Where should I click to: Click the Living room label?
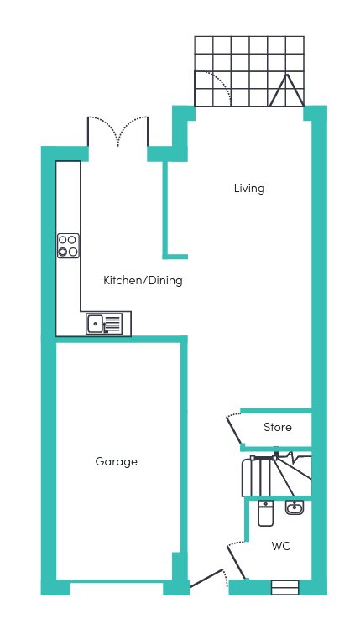(249, 188)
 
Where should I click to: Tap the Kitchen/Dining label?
(143, 280)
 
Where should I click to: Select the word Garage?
(117, 462)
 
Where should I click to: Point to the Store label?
(277, 427)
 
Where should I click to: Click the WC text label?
(280, 546)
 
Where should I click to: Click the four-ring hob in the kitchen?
(68, 246)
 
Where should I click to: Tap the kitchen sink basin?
(95, 324)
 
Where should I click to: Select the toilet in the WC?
(265, 512)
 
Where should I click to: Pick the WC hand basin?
(295, 507)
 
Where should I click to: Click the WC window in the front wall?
(285, 588)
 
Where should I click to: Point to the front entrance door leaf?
(206, 578)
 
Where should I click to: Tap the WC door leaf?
(237, 562)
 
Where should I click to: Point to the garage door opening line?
(117, 581)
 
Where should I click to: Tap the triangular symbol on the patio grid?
(286, 90)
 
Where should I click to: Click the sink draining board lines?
(112, 324)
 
